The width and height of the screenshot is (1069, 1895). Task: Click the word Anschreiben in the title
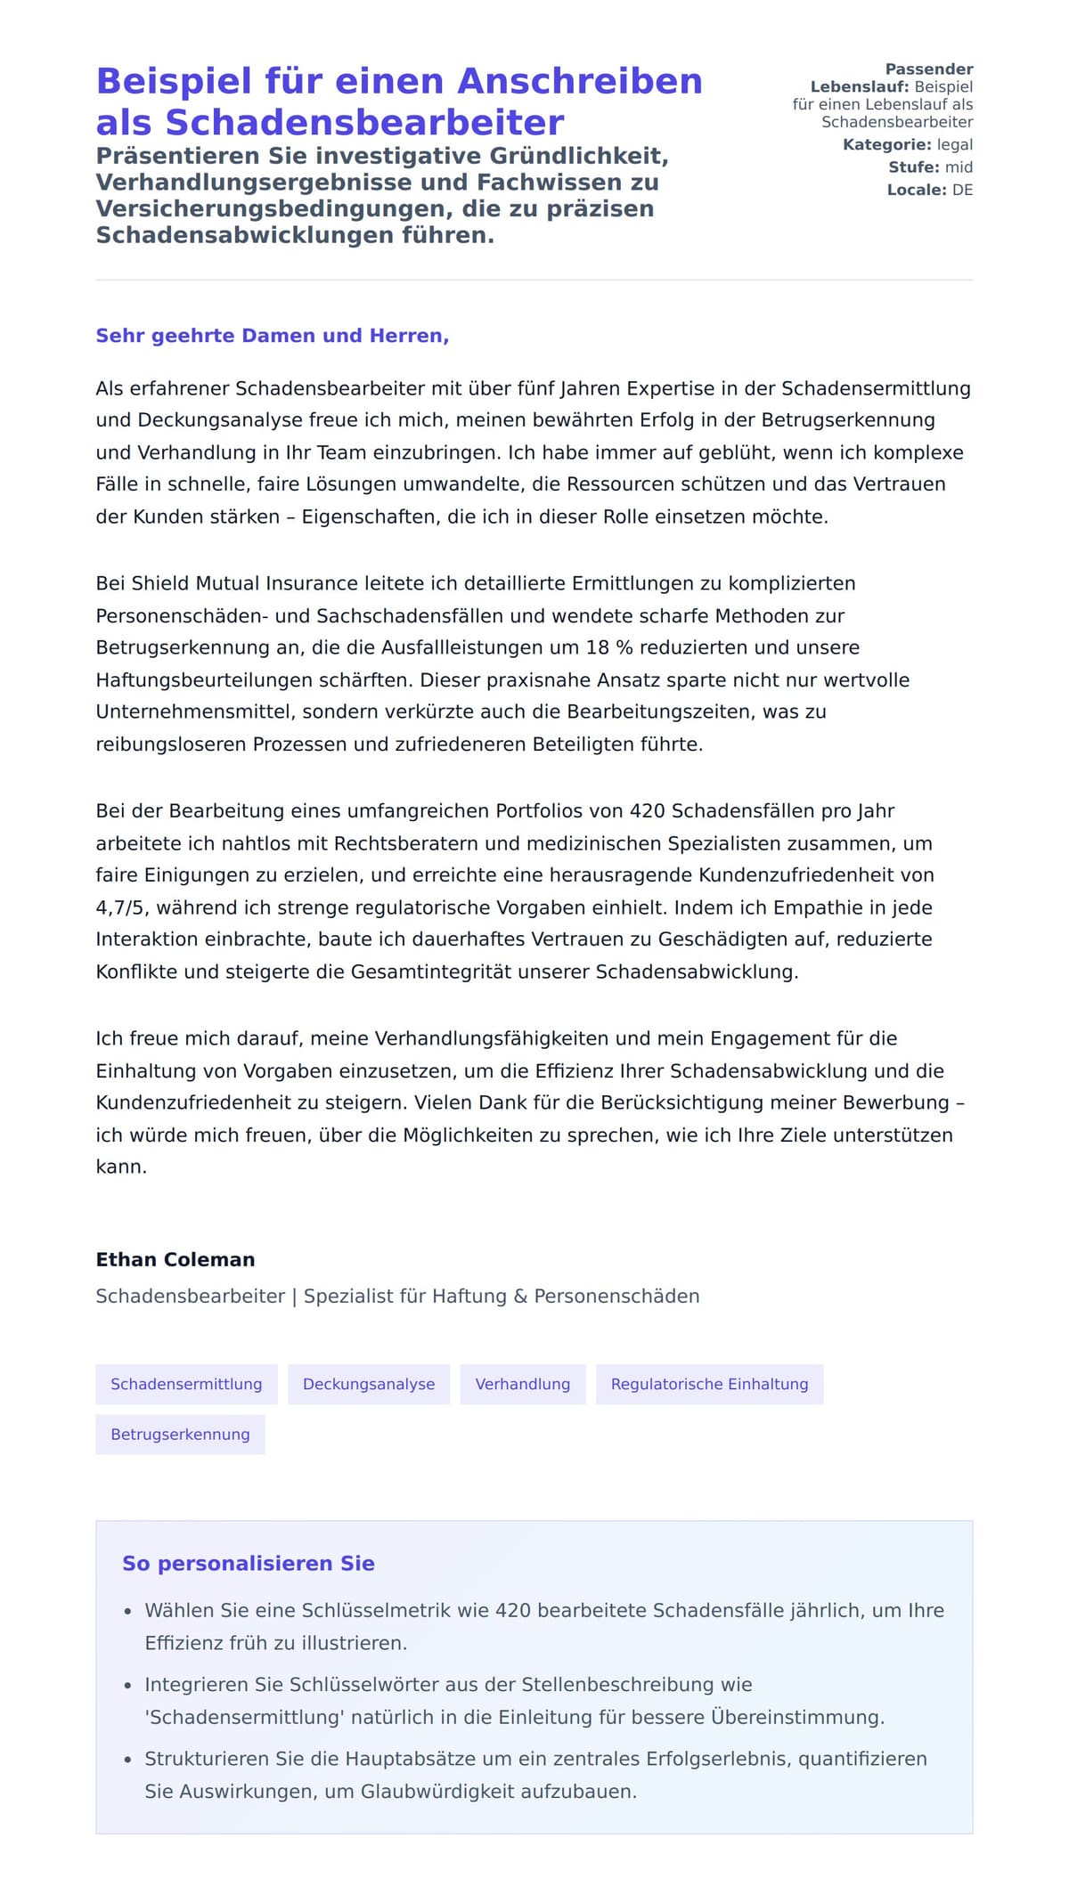pos(580,82)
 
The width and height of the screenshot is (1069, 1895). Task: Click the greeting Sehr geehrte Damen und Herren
pos(272,336)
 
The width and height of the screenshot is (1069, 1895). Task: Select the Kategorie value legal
pos(954,145)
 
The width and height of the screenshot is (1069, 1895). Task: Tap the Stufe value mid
pos(959,167)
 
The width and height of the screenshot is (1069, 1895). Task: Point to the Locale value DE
pos(962,190)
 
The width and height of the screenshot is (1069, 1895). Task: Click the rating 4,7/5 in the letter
pos(123,907)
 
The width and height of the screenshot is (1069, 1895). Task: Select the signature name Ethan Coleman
pos(175,1259)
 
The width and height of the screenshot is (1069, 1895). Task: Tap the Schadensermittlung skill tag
pos(186,1384)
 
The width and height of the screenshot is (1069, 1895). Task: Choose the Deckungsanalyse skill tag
pos(369,1384)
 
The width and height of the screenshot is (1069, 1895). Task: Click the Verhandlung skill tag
pos(523,1384)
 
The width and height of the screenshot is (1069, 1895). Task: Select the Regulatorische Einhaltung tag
pos(709,1384)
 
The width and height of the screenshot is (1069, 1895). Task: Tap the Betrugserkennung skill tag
pos(180,1435)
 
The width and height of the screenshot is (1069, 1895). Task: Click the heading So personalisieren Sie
pos(249,1564)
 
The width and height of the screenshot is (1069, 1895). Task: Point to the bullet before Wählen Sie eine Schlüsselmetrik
pos(128,1612)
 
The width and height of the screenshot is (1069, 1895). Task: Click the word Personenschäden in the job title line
pos(616,1297)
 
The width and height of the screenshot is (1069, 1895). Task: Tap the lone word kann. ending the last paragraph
pos(121,1167)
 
